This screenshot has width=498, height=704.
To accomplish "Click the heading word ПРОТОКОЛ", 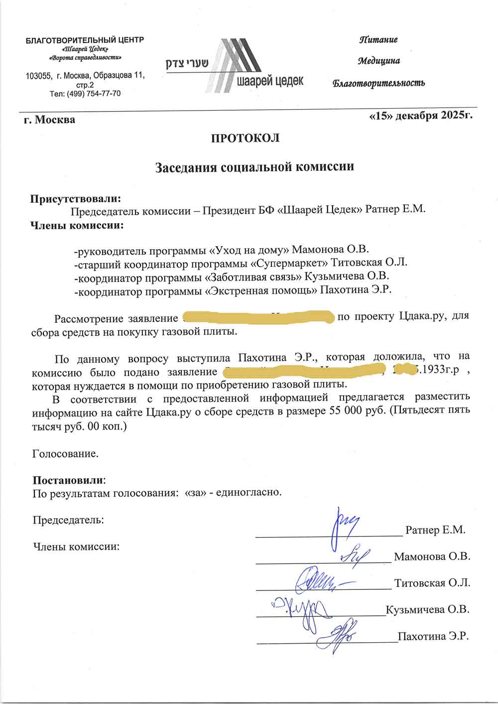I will click(246, 138).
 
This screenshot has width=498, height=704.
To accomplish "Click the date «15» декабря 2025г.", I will click(420, 116).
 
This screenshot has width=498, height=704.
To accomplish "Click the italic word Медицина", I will click(379, 61).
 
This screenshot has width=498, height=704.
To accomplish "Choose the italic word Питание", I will click(378, 40).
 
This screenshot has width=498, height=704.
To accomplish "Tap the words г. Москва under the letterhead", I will click(50, 120).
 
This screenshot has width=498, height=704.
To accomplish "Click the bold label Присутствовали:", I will click(76, 199).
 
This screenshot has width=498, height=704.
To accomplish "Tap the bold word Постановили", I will click(69, 480).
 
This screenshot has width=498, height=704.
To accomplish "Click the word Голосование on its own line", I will click(65, 454).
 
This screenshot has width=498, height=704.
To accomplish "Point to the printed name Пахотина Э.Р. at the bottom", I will click(433, 636).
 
